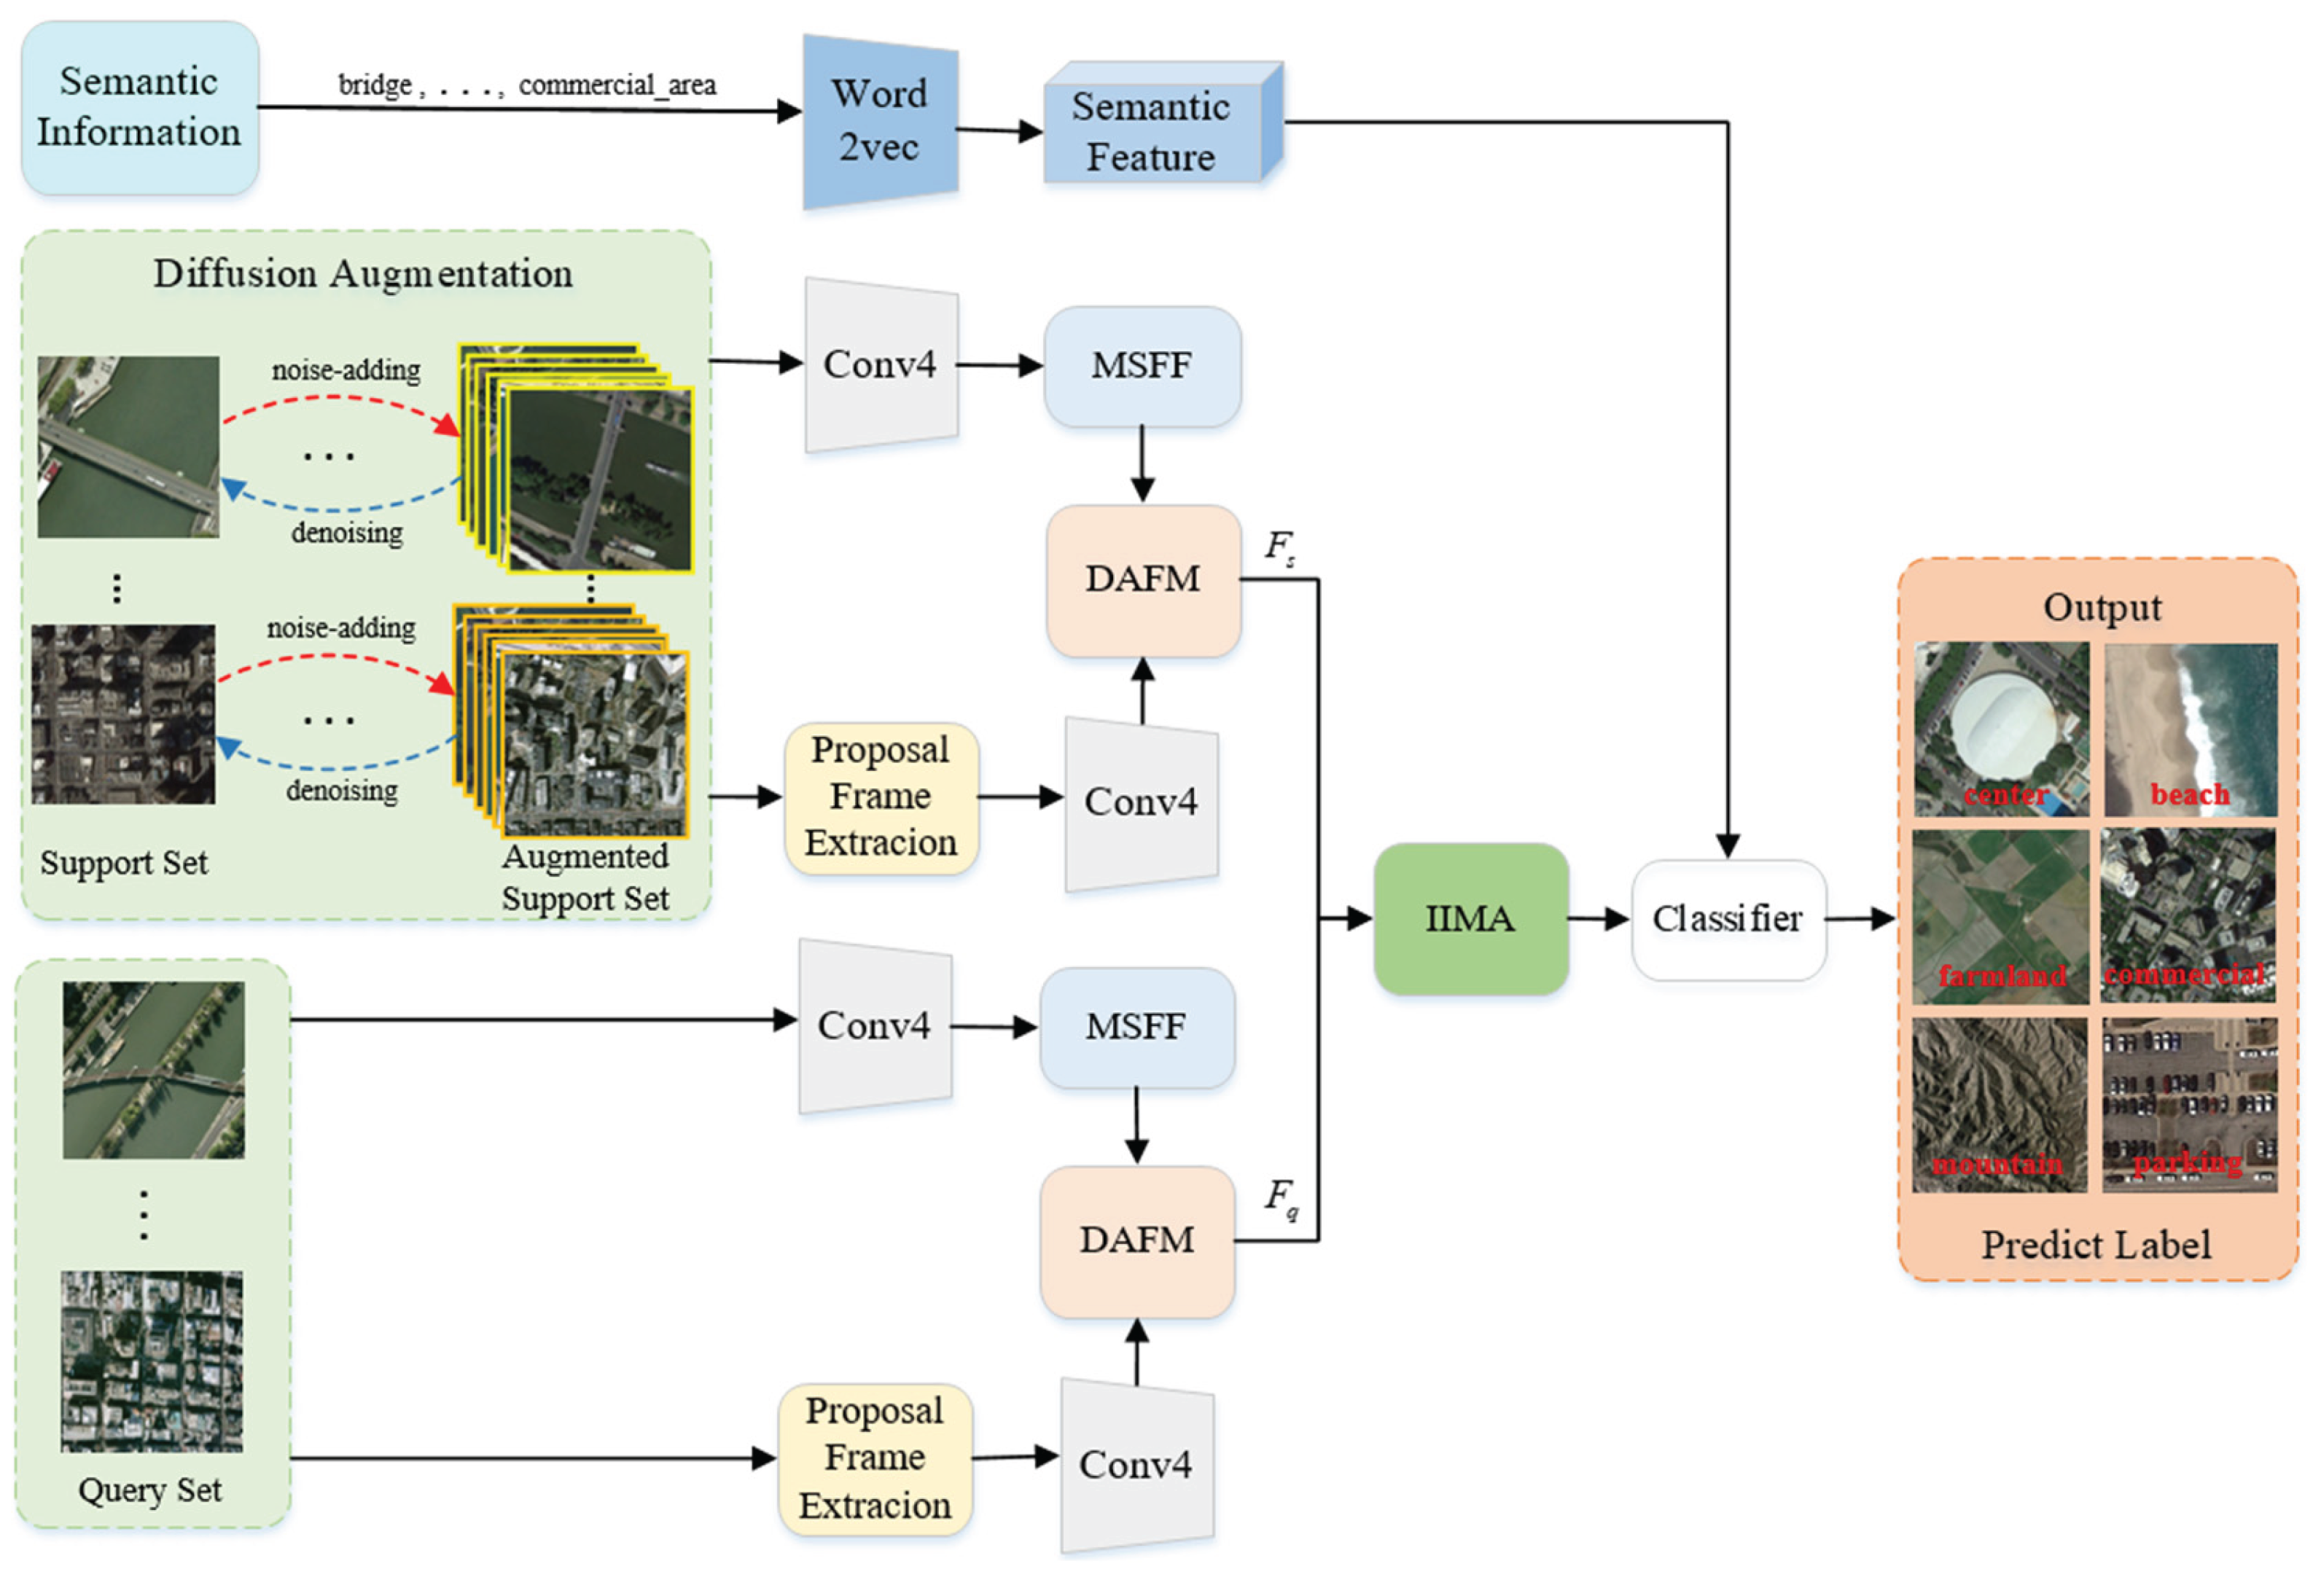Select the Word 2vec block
tap(880, 122)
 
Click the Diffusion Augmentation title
tap(362, 273)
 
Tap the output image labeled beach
tap(2191, 729)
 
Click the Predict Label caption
tap(2095, 1245)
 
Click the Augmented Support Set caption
tap(585, 877)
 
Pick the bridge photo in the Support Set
tap(128, 447)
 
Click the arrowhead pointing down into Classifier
tap(1728, 846)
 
